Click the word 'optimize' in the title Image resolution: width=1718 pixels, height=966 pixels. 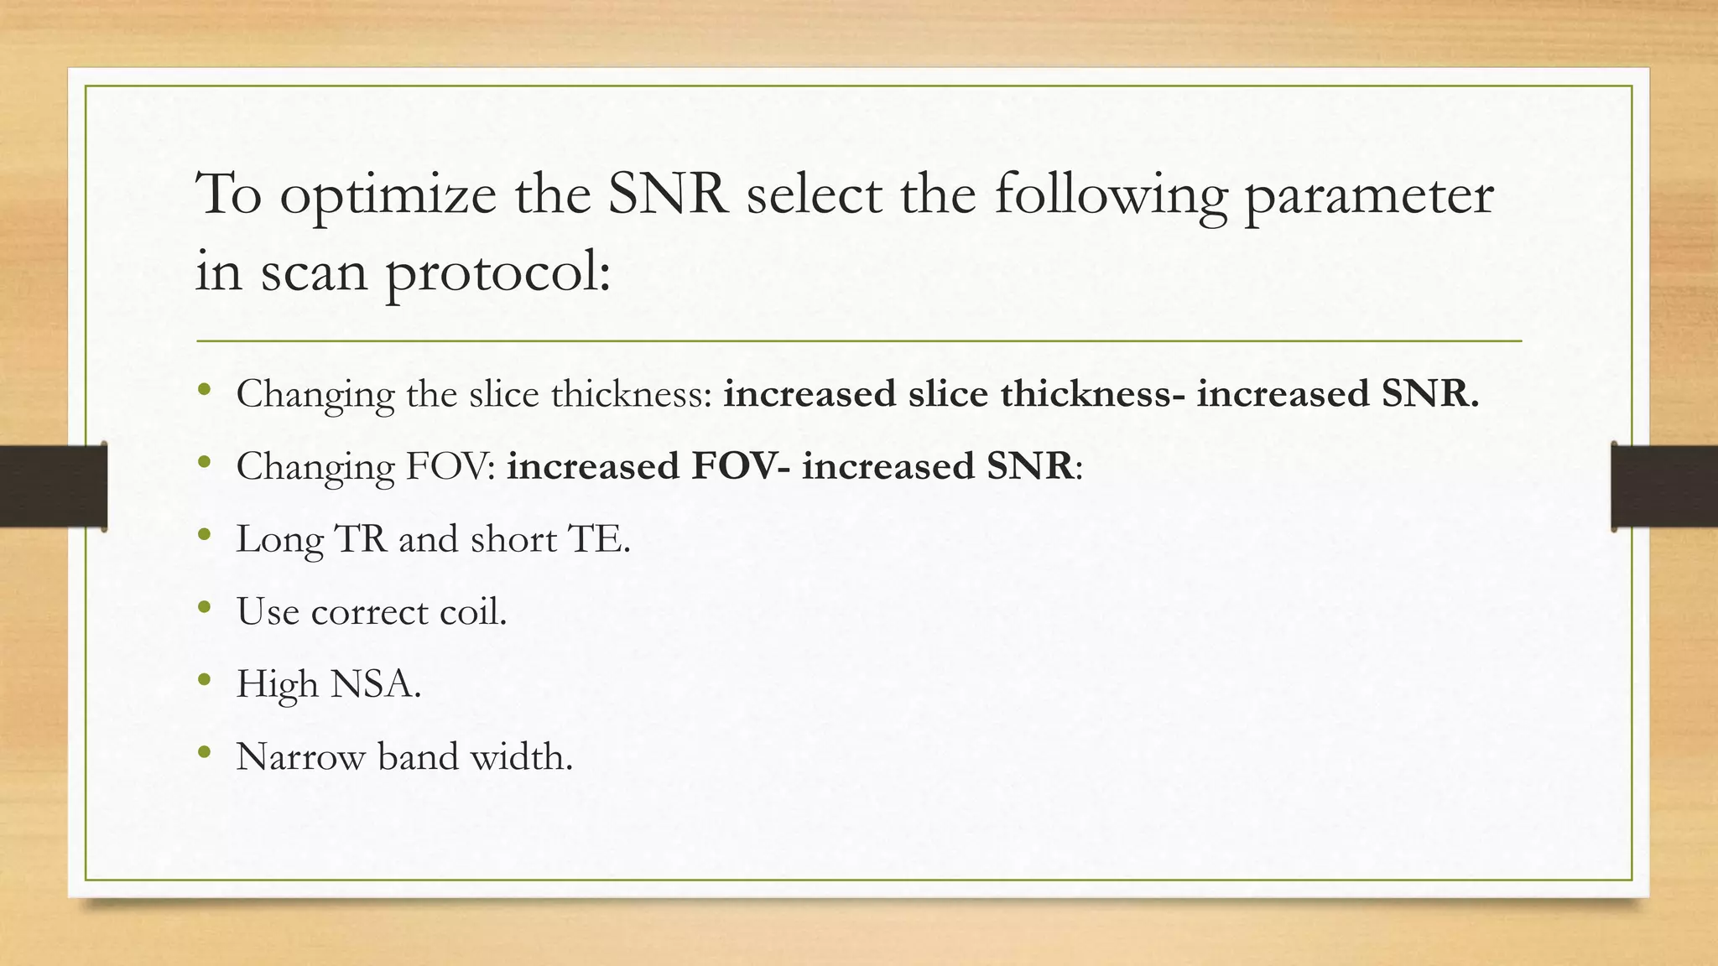pos(388,196)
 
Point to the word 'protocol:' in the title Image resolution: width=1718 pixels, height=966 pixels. pos(498,275)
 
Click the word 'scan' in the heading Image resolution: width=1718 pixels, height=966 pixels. pos(314,273)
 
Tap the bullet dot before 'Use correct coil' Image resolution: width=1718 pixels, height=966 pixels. pos(204,607)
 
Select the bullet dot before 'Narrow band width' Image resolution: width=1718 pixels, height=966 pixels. pos(204,752)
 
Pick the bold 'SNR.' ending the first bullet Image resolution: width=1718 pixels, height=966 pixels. pos(1429,394)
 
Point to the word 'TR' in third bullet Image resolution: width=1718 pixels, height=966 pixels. pos(361,539)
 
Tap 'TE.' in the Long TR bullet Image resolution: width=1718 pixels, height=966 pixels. pos(598,539)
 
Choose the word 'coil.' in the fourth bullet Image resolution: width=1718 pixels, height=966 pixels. pos(473,612)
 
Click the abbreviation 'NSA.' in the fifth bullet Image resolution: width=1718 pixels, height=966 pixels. pos(375,684)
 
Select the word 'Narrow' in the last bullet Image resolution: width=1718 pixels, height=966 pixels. pos(300,757)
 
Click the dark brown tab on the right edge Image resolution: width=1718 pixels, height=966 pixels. pos(1664,486)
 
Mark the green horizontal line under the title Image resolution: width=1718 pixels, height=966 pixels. pos(859,341)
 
